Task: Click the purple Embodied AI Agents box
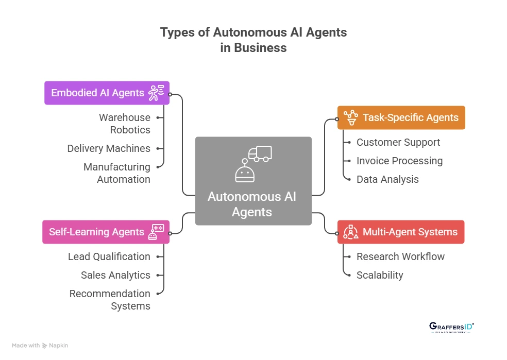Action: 107,93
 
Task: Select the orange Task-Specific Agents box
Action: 401,117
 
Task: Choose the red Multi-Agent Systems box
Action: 401,232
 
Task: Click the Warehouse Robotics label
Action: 125,124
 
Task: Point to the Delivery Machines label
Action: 109,148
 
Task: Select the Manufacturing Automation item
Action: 117,173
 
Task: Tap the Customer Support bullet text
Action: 398,142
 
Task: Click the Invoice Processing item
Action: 399,161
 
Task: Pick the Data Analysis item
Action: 387,179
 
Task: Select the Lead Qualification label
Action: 109,256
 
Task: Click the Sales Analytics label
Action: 115,275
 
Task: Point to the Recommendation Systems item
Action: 110,300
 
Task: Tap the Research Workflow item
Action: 400,256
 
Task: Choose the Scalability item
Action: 380,275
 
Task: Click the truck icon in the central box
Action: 260,153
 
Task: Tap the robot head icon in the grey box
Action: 245,173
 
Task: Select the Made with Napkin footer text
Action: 40,346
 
